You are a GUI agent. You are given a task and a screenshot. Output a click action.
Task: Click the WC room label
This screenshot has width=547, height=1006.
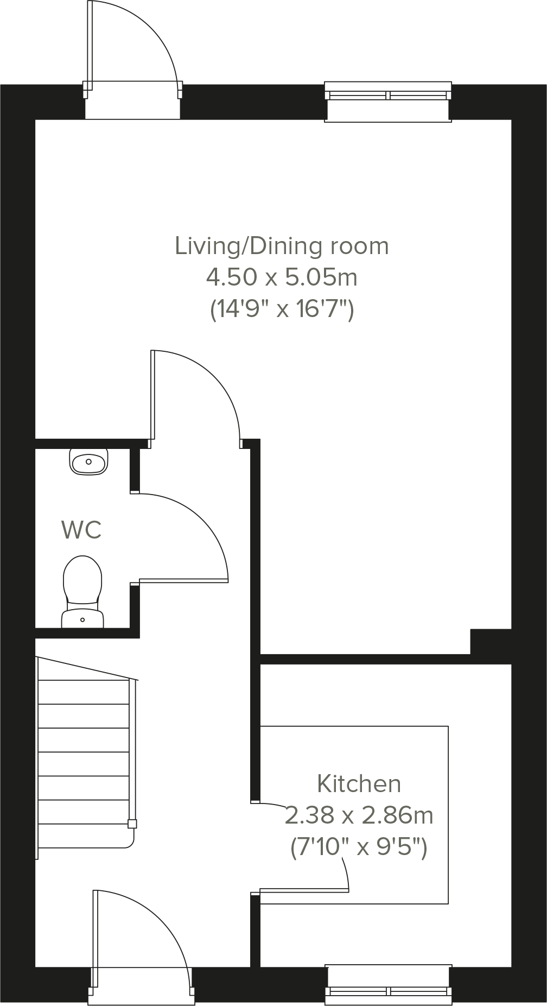pos(81,530)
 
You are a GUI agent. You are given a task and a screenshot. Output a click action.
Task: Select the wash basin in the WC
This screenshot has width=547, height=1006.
pos(88,461)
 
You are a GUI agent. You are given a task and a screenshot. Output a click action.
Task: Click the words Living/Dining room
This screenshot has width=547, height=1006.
pos(282,246)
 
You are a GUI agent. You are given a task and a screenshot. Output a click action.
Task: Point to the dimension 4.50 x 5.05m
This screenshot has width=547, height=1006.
pos(282,277)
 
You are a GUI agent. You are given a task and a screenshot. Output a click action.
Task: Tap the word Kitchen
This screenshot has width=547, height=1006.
pos(359,784)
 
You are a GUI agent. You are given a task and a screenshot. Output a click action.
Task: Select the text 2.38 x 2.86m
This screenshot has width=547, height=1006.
pos(359,815)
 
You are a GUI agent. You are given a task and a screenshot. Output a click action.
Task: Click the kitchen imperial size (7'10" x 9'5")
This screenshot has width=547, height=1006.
pos(359,847)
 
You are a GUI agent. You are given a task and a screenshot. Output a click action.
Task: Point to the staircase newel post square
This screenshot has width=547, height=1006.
pos(132,824)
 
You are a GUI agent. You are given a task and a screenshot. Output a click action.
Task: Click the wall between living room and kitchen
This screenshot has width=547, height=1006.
pos(364,659)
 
